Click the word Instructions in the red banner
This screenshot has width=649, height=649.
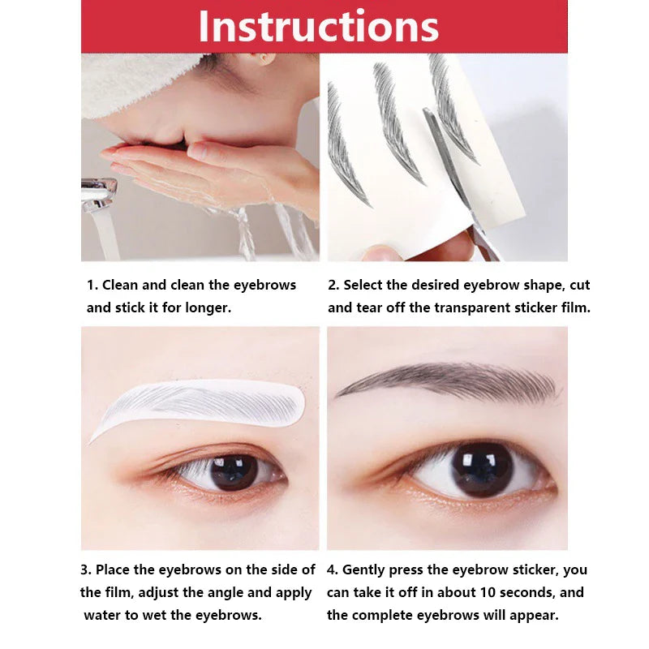(318, 26)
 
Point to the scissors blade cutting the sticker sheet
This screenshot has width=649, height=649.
(449, 161)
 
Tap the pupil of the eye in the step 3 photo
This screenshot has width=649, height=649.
(234, 472)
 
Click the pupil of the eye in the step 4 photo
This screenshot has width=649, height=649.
(482, 470)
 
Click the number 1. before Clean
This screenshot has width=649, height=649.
(92, 286)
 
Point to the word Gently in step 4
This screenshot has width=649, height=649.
(363, 570)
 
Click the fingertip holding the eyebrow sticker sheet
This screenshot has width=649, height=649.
(380, 252)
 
